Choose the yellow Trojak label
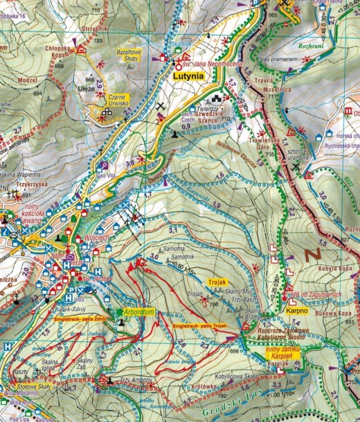[217, 281]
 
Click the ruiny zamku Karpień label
[285, 353]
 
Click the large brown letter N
[313, 254]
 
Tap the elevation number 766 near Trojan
[213, 304]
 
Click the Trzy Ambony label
[135, 380]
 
